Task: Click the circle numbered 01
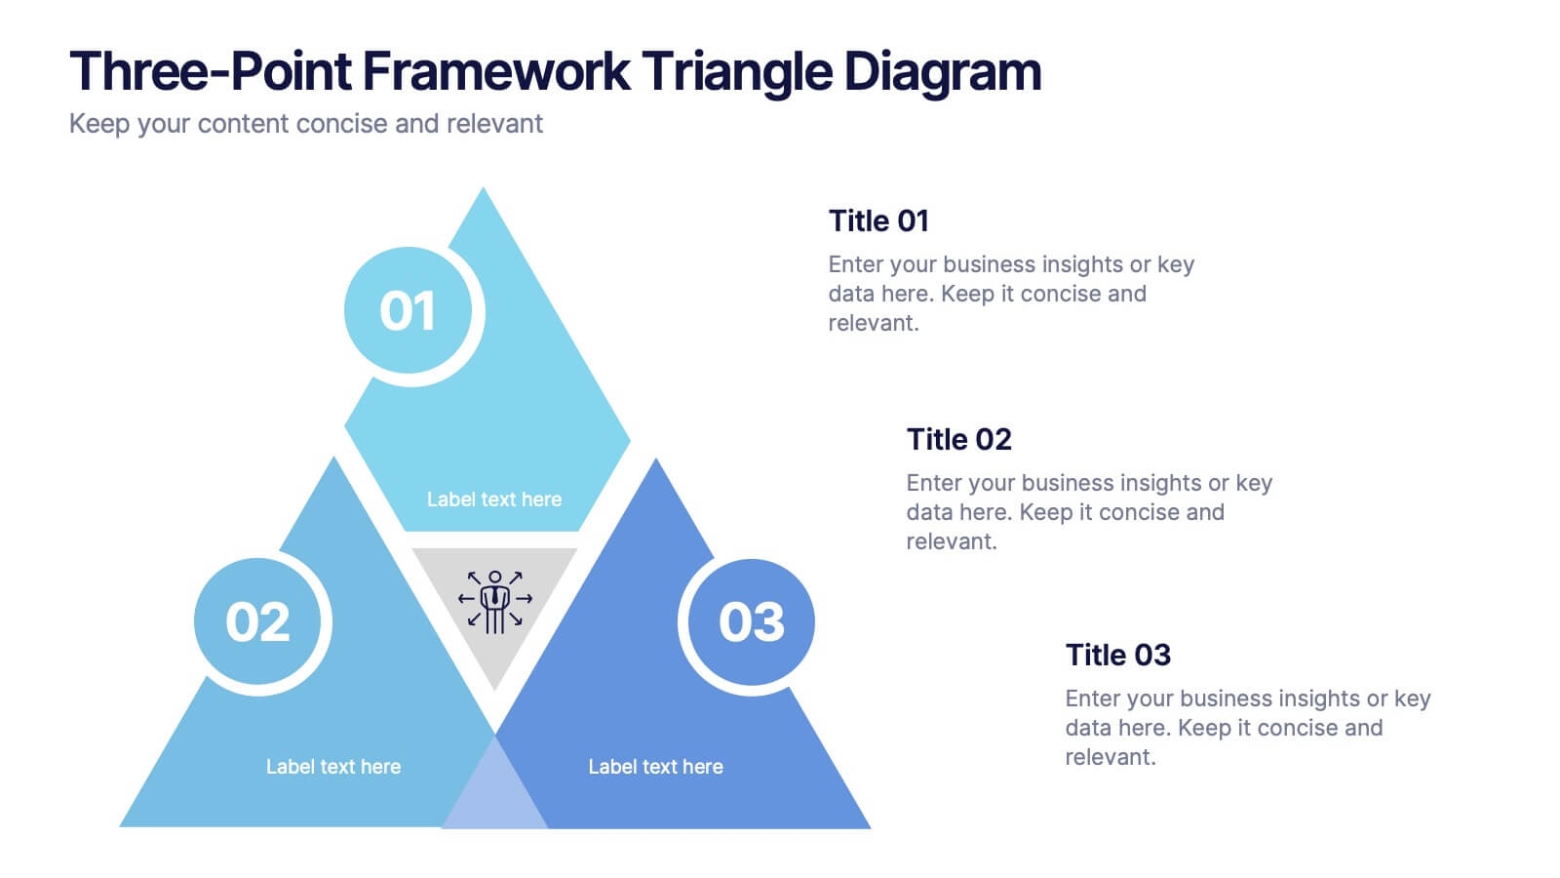409,310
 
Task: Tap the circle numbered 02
257,620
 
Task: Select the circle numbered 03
752,620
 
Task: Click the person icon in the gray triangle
494,602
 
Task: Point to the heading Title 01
878,220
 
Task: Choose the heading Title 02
959,439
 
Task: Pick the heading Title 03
1117,655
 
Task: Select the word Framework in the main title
496,71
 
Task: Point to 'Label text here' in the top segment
493,499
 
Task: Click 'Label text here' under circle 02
332,767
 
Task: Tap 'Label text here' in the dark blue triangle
655,767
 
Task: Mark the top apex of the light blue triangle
483,187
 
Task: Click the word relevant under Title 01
874,323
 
